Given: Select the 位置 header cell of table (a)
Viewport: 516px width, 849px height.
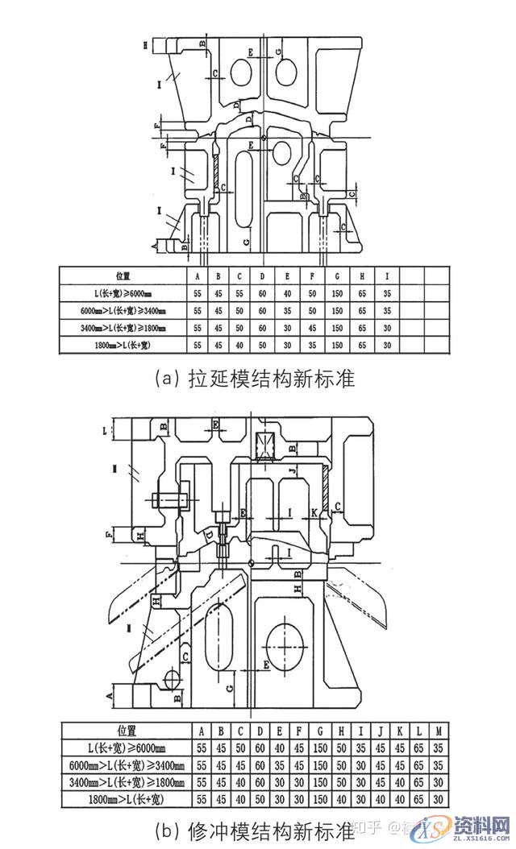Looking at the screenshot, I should (x=123, y=275).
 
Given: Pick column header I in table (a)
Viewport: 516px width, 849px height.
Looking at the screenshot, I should (x=388, y=275).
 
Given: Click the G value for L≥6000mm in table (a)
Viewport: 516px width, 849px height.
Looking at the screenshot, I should (x=336, y=293).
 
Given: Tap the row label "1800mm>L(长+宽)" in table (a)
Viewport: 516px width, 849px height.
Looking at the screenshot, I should (x=123, y=346).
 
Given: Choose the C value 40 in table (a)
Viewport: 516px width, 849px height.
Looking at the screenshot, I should (x=239, y=346).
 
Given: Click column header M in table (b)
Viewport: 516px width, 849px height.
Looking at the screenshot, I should (x=437, y=731).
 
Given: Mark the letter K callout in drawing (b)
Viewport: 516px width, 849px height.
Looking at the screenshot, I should (x=313, y=512).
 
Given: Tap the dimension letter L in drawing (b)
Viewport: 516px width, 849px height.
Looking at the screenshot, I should (x=106, y=430).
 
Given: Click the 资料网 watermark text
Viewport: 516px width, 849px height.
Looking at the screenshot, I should (x=480, y=826).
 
